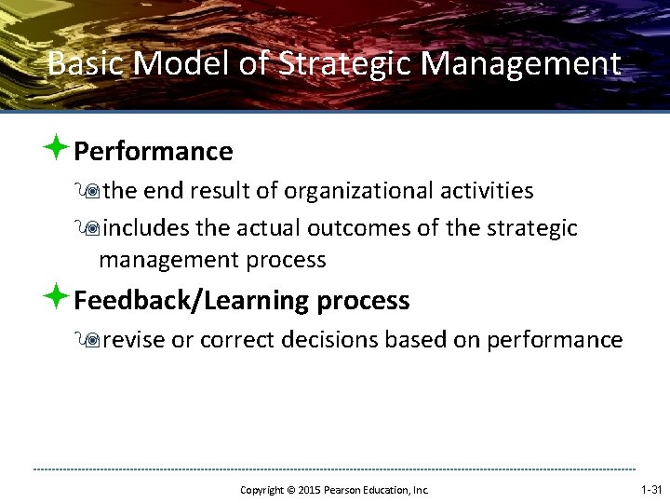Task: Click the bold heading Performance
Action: tap(153, 151)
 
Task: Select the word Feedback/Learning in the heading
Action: tap(192, 301)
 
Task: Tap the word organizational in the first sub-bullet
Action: tap(360, 191)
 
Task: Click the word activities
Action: tap(488, 191)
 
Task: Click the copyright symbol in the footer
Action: tap(289, 490)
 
